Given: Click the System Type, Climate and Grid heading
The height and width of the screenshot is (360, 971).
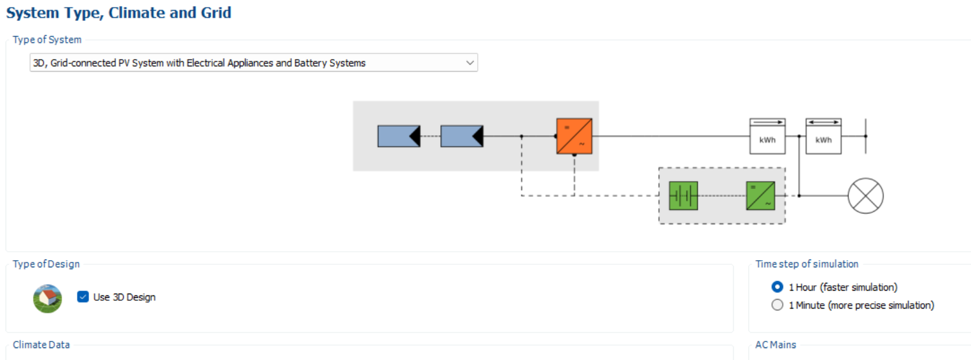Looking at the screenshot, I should (118, 13).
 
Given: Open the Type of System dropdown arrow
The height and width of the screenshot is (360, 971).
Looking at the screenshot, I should (470, 63).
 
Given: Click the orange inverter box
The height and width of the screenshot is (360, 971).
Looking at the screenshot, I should (574, 136).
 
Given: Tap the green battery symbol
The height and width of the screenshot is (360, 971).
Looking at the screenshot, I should (683, 196).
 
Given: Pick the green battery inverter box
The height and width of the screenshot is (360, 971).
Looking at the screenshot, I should (761, 196).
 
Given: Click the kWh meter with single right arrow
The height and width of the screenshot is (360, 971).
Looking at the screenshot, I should (767, 136).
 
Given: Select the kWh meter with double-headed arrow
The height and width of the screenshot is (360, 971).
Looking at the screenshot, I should (823, 136).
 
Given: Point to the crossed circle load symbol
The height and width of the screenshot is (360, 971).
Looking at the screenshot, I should (865, 196).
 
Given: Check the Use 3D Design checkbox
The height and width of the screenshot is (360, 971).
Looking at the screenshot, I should (83, 297).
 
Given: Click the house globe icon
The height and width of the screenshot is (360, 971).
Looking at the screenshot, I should (47, 298).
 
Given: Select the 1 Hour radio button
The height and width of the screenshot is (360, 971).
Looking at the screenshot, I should (777, 287).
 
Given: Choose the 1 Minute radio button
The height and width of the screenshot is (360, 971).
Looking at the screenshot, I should (777, 305).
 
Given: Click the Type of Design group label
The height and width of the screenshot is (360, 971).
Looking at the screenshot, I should (46, 264).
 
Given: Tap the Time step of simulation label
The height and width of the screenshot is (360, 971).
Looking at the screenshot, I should (807, 264).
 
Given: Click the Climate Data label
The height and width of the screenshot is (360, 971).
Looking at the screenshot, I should (41, 344).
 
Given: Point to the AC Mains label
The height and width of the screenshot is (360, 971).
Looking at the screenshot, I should (775, 344).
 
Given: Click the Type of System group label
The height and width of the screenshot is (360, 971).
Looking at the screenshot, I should (47, 39).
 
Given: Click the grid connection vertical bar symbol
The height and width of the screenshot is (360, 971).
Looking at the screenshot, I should (865, 136).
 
